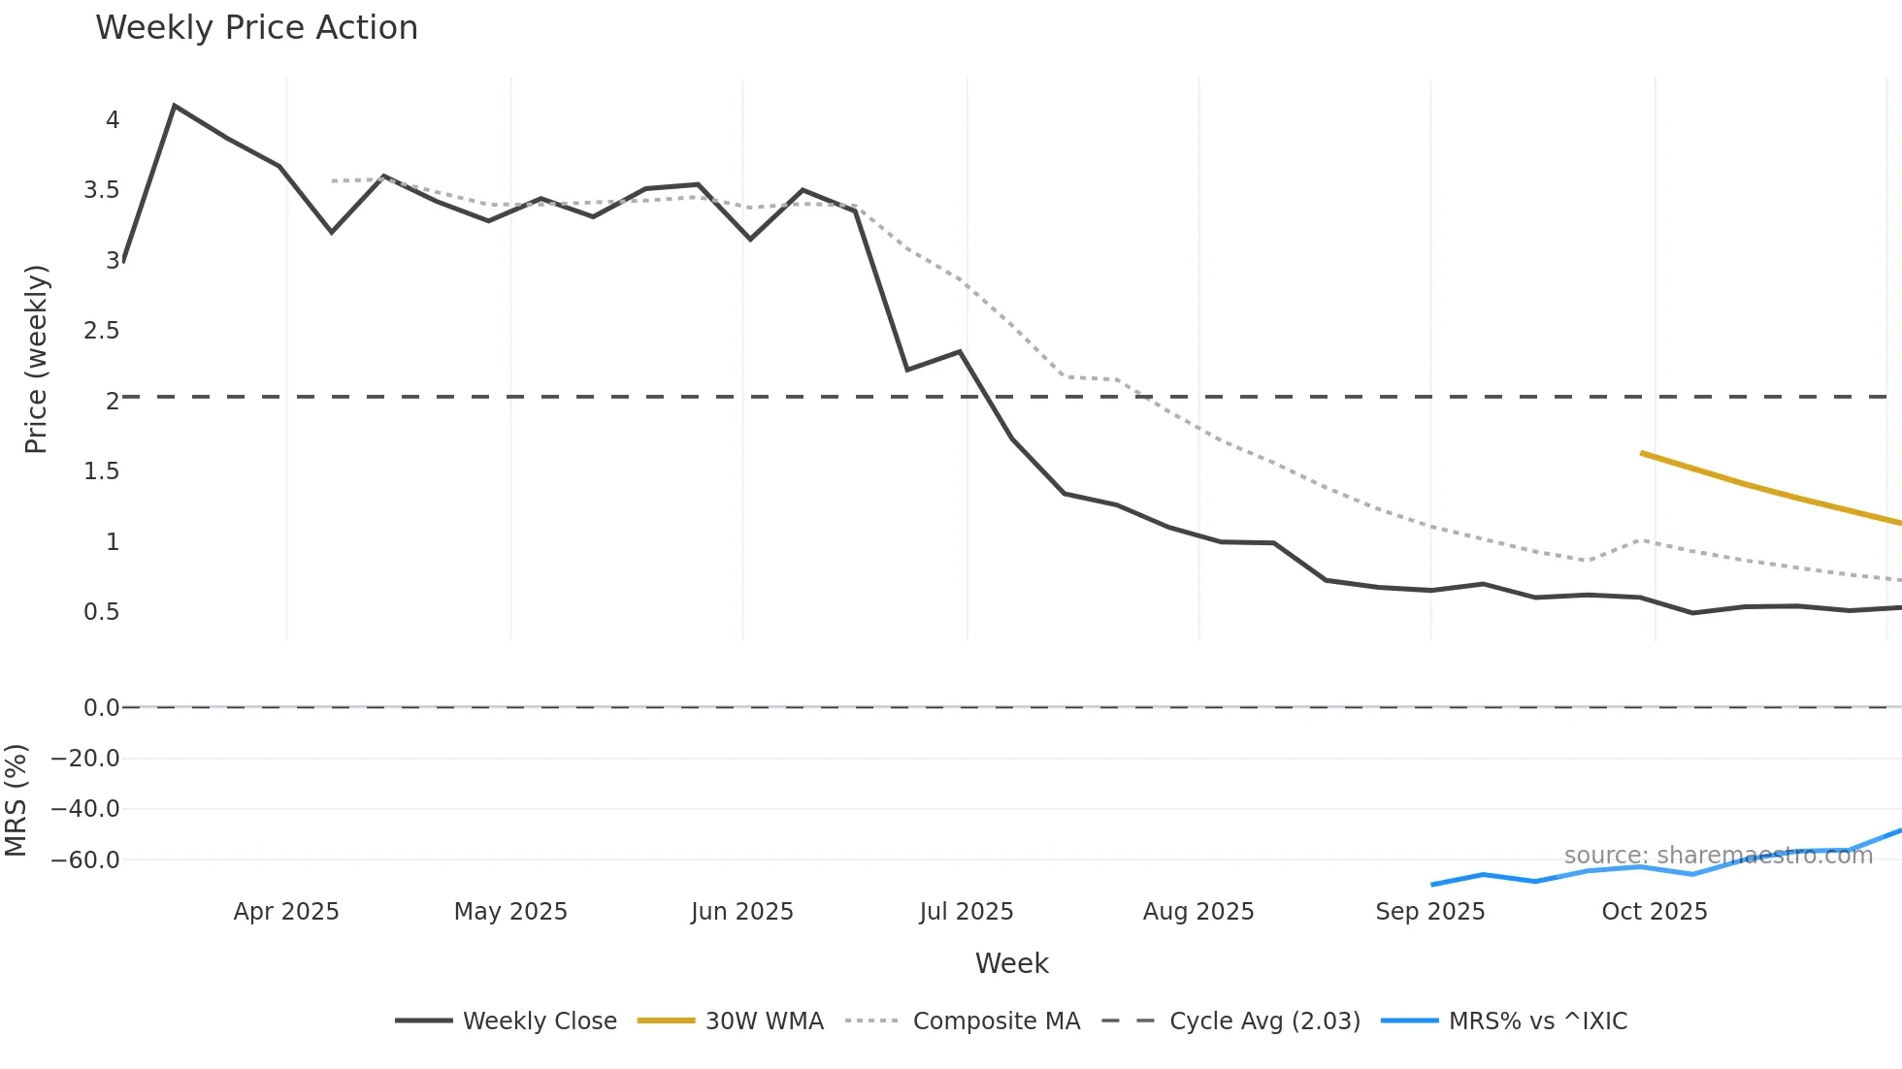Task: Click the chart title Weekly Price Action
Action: click(256, 28)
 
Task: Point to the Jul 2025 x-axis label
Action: click(967, 912)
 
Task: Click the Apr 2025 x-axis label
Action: click(286, 912)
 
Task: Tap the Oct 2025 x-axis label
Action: click(1655, 912)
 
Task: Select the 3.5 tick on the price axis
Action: click(102, 190)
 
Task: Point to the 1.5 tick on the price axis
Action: click(102, 471)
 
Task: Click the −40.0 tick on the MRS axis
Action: click(85, 809)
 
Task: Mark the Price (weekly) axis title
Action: click(36, 359)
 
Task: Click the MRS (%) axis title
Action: click(16, 800)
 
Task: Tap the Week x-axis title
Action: click(1011, 963)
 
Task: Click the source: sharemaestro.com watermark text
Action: click(1718, 856)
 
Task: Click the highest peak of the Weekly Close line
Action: click(175, 105)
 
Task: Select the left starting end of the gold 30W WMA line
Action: click(1642, 453)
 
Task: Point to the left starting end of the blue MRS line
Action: click(1432, 885)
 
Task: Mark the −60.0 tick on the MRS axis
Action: click(85, 860)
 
